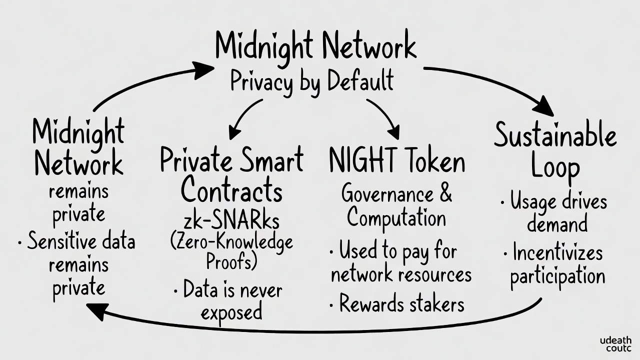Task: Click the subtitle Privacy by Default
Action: coord(312,81)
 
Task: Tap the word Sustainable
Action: coord(555,136)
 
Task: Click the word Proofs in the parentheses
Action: coord(231,261)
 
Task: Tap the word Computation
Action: coord(396,217)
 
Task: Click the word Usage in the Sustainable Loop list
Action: coord(533,202)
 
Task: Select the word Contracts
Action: coord(231,190)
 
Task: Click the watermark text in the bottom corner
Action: coord(615,344)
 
